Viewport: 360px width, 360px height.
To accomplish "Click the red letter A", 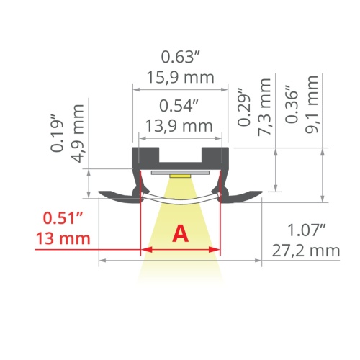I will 180,233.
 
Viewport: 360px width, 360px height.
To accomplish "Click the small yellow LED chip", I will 180,175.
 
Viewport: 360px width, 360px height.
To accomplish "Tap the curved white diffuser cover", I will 180,199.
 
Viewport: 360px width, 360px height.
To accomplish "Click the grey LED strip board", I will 180,171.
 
